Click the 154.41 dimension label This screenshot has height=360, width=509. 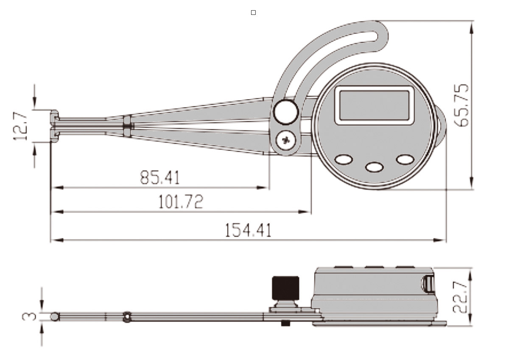248,231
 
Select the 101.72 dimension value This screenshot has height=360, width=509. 181,202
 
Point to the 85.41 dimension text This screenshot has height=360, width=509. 160,177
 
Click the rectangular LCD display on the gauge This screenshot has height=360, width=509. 374,105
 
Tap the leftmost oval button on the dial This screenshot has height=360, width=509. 343,160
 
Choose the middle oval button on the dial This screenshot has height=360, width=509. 374,167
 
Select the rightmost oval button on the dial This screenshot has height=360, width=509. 405,159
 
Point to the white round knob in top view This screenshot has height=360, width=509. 286,112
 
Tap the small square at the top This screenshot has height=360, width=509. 253,13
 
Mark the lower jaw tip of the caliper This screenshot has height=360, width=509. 54,135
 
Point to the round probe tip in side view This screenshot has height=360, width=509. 54,317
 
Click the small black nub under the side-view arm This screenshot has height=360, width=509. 285,323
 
